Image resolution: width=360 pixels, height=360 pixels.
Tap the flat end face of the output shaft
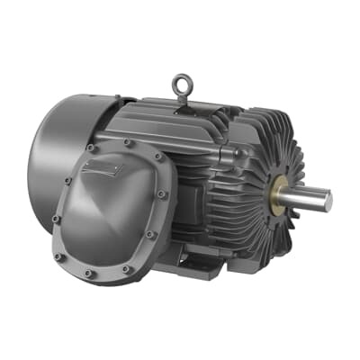tap(328, 202)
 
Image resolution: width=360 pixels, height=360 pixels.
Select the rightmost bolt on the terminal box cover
tap(161, 193)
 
